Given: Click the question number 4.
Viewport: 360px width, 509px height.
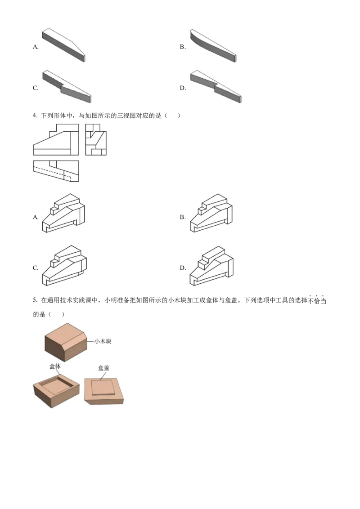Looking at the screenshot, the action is click(35, 116).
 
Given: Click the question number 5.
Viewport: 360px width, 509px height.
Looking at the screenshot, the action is click(35, 300).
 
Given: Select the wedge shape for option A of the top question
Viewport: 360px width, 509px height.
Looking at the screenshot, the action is click(64, 45).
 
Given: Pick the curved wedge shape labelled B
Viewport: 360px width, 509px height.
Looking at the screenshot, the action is click(213, 45).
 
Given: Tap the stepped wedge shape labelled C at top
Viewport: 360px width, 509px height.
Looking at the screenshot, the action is click(67, 86).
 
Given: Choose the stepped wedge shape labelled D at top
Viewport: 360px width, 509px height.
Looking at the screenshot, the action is click(216, 86).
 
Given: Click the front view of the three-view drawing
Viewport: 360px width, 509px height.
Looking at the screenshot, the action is click(56, 139).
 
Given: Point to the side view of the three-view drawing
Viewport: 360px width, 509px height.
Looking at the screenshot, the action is click(96, 139).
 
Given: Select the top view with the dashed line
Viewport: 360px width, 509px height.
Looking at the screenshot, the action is click(56, 171).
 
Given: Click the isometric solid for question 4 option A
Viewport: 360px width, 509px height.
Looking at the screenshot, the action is click(63, 213).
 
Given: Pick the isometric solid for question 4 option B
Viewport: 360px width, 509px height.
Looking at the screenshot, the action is click(211, 213).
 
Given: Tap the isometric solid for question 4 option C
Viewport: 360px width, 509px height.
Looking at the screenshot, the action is click(64, 266).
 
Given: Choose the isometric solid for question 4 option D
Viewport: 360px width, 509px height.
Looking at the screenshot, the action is click(211, 266).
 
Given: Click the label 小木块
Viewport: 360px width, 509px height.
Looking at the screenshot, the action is click(103, 341).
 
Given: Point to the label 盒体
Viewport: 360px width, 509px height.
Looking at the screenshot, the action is click(55, 366).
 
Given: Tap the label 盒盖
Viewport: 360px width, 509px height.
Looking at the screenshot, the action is click(103, 368).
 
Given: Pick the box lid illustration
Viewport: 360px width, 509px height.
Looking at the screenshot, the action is click(104, 391).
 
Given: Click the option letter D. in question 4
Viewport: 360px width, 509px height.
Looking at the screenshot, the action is click(183, 268).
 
